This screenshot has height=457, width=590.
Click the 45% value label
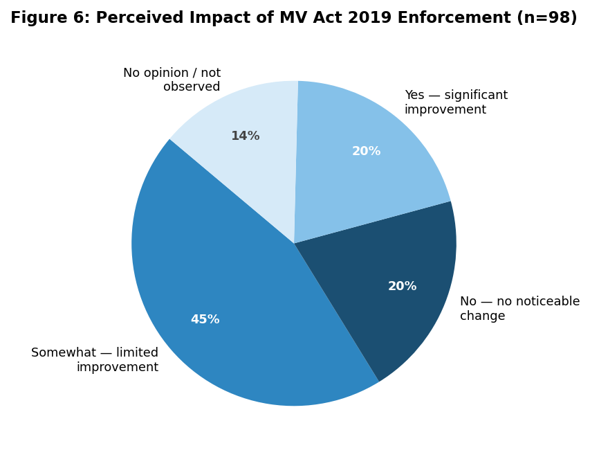click(205, 319)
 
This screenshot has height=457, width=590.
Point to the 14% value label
click(246, 136)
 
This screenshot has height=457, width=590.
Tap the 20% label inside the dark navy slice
click(403, 287)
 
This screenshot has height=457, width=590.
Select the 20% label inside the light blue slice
click(366, 151)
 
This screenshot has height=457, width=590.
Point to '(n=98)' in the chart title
click(546, 18)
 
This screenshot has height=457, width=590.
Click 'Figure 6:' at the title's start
click(50, 18)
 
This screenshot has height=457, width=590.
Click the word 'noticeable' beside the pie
click(538, 301)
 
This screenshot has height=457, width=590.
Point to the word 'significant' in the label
click(476, 96)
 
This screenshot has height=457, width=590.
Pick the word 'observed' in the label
click(192, 87)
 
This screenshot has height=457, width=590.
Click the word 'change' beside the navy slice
click(482, 316)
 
